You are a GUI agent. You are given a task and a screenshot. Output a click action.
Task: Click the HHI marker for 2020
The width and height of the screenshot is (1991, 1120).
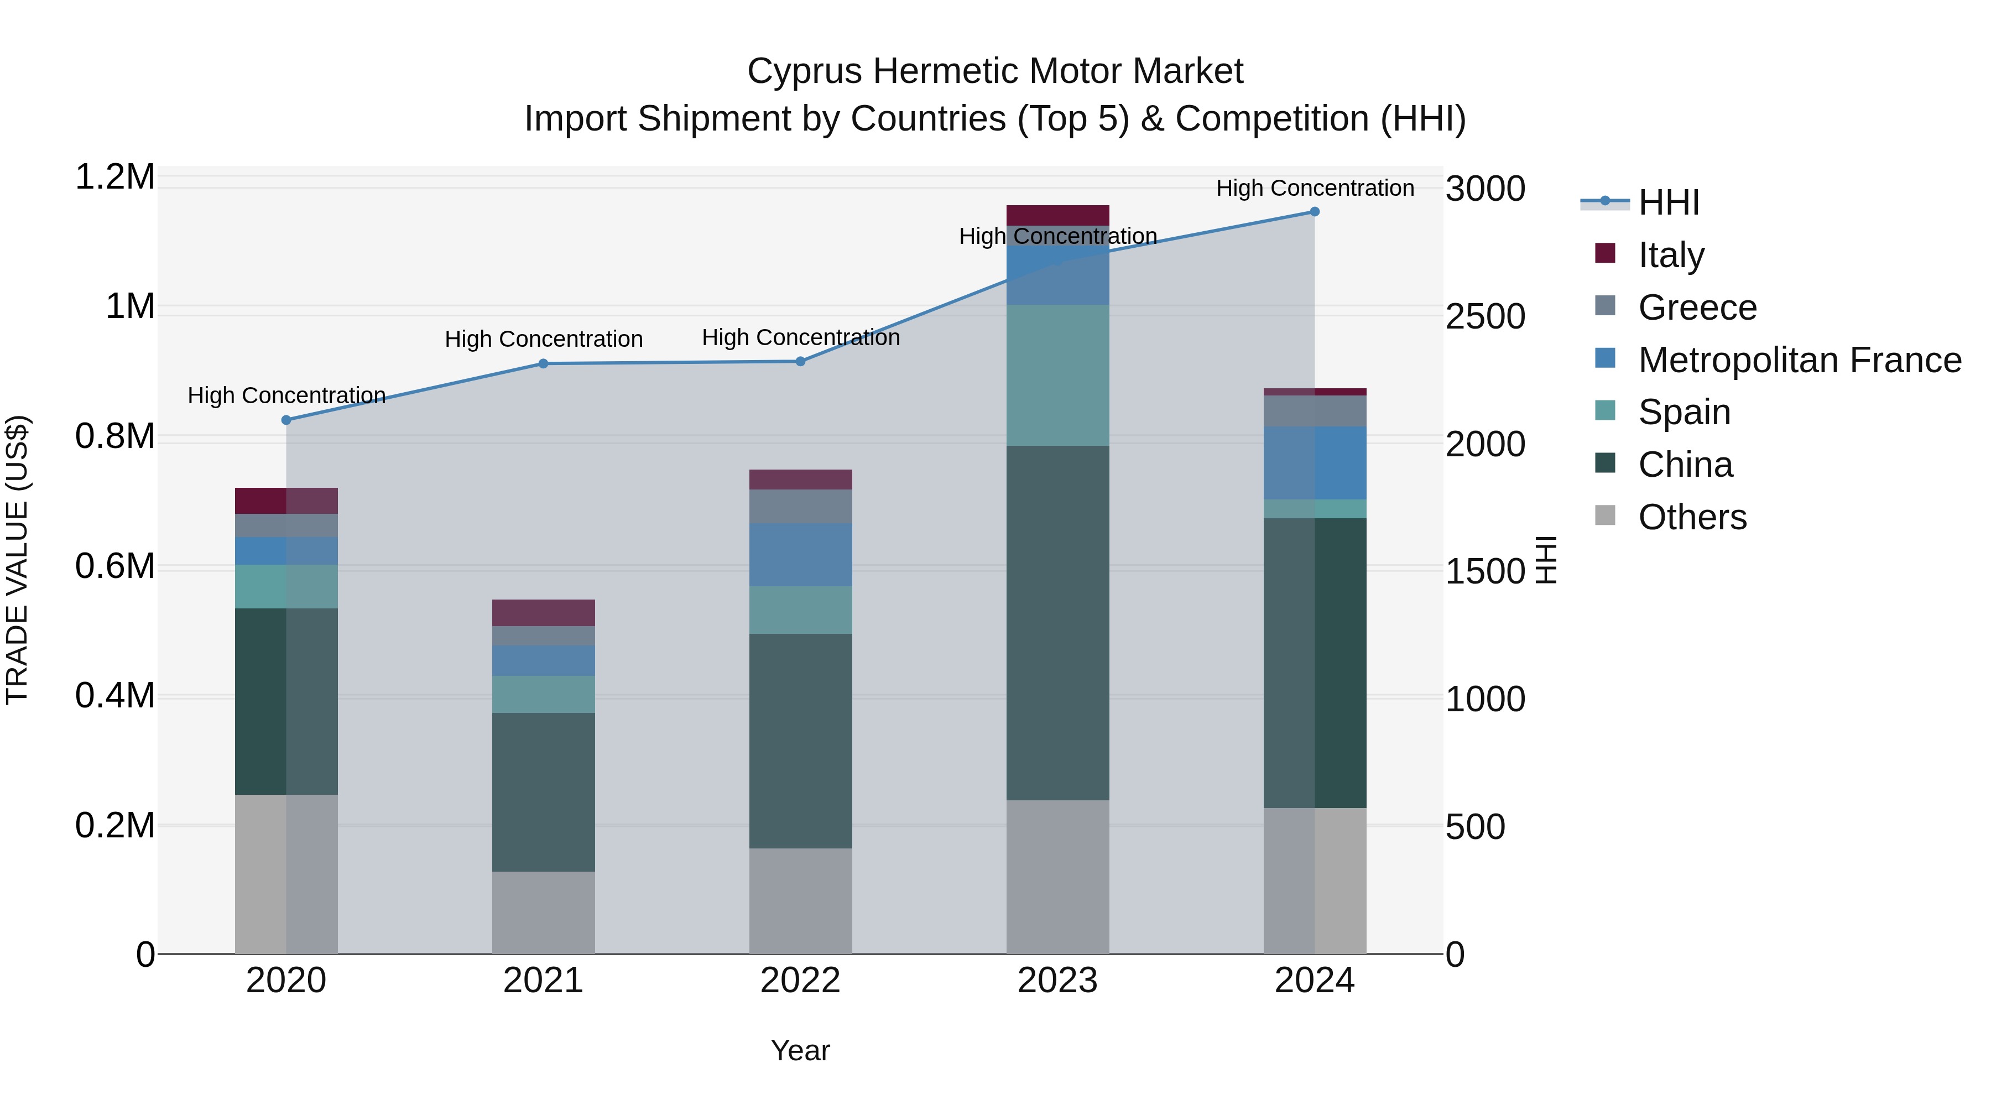click(286, 420)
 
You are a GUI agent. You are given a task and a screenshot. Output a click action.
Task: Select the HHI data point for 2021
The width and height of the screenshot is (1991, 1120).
click(543, 363)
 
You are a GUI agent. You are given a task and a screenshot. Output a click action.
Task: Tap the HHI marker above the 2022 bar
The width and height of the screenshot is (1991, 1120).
click(801, 361)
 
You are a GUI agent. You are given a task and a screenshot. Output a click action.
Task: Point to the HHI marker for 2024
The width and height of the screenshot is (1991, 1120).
click(1315, 212)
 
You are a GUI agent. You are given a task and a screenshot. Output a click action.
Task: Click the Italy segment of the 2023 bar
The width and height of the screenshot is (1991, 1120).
click(1057, 215)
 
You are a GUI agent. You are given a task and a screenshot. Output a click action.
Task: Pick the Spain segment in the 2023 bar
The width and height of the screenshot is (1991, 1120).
click(1057, 375)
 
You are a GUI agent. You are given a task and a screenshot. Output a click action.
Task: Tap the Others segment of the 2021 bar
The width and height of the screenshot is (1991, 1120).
click(543, 912)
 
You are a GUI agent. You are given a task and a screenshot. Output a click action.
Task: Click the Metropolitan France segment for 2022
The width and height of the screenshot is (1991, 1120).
click(801, 554)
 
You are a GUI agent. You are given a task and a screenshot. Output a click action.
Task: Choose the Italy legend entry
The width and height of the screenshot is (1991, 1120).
click(1670, 255)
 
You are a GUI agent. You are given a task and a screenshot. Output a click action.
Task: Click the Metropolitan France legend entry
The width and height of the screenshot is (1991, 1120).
click(1799, 360)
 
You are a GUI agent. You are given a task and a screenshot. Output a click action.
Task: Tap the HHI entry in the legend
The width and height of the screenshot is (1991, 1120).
click(1668, 202)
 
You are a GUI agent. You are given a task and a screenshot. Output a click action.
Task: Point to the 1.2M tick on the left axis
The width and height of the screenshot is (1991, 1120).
click(114, 177)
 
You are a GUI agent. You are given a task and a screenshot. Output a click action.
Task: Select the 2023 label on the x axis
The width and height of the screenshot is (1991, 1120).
click(1057, 981)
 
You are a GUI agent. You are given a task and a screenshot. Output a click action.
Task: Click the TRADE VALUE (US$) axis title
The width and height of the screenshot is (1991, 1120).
click(17, 560)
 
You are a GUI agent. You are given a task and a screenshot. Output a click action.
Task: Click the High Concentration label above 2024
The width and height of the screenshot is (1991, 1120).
click(1315, 188)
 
